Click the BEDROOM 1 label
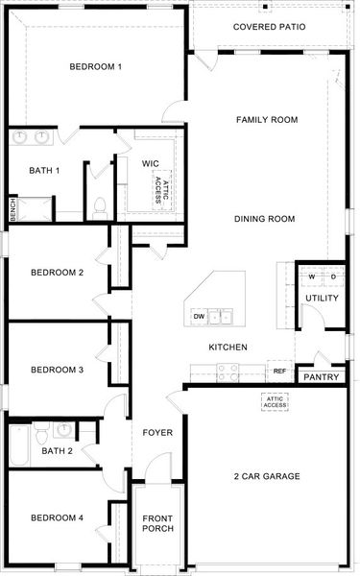95,66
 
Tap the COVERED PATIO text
269,26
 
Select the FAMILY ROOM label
267,120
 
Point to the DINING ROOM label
264,219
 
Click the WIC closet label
150,164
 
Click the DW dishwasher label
199,316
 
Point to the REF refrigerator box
279,371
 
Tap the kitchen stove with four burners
228,372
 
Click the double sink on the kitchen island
222,316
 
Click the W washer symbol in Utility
311,276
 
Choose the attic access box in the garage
275,401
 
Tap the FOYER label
157,433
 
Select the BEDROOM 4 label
57,518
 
